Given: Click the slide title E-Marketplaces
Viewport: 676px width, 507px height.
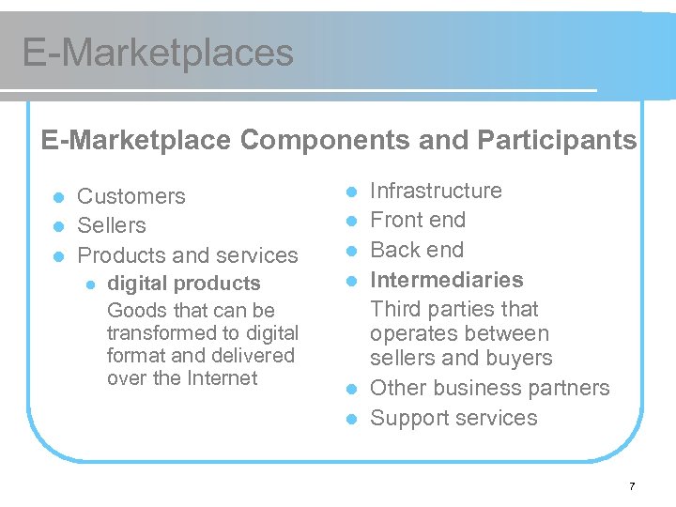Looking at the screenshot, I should click(x=158, y=53).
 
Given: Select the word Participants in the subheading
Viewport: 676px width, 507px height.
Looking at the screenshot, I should click(x=557, y=141).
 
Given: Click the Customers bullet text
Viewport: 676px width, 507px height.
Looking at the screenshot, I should click(x=131, y=196).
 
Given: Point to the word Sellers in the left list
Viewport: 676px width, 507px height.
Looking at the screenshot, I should click(x=112, y=225).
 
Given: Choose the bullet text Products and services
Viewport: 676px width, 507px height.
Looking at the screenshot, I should click(x=188, y=255).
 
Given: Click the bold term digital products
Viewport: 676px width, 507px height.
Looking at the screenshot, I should click(x=184, y=284).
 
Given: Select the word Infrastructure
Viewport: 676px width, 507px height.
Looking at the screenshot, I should click(x=436, y=191).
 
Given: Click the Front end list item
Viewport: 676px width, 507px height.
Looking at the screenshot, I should click(x=418, y=220).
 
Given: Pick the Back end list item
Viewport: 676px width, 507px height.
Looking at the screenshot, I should click(x=417, y=250).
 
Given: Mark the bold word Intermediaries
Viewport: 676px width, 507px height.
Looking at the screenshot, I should click(x=447, y=280).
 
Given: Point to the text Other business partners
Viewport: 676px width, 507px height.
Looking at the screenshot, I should click(x=489, y=388).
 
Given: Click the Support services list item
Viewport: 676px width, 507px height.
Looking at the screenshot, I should click(x=453, y=418).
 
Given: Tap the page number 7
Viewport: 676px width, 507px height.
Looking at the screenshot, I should click(x=632, y=486).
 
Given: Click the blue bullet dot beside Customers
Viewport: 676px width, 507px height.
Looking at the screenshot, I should click(x=57, y=197).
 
